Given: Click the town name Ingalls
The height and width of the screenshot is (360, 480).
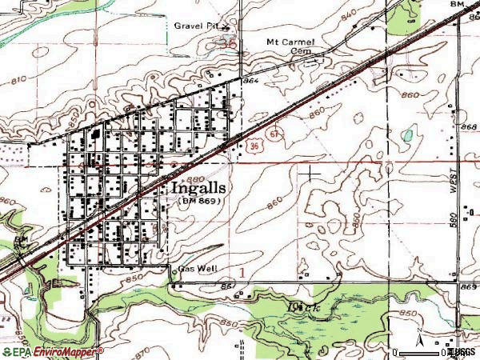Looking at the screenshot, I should (x=198, y=188).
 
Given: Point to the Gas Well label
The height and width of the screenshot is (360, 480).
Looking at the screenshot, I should (x=198, y=270).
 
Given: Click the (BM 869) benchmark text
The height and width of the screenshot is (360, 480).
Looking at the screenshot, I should (x=198, y=202).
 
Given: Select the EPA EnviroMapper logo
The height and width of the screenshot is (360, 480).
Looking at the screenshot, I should (x=52, y=352).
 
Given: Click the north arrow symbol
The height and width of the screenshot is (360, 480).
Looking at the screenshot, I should (x=418, y=336).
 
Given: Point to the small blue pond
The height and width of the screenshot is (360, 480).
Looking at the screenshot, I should (x=409, y=135).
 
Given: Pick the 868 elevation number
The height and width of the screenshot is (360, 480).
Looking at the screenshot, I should (x=468, y=127).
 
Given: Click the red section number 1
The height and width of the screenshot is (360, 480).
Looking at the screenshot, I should (x=241, y=273).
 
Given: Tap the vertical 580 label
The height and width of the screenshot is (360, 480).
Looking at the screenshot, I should (x=454, y=218).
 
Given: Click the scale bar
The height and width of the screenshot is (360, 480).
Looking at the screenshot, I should (x=420, y=352).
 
